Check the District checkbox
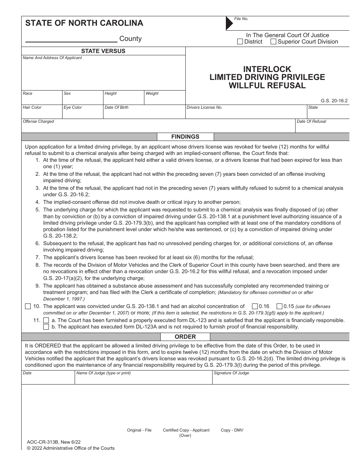point(240,42)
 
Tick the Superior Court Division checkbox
point(273,42)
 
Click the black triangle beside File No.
point(229,23)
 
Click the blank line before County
point(71,39)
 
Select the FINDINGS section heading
point(185,137)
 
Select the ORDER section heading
point(185,336)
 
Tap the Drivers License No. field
point(246,113)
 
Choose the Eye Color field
point(83,113)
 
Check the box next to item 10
point(28,306)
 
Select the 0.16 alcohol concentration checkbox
point(255,306)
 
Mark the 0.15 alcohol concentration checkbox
point(279,306)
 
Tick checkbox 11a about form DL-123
point(46,320)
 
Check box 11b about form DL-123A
point(46,327)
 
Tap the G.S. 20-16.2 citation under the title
point(334,101)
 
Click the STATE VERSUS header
point(103,51)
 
